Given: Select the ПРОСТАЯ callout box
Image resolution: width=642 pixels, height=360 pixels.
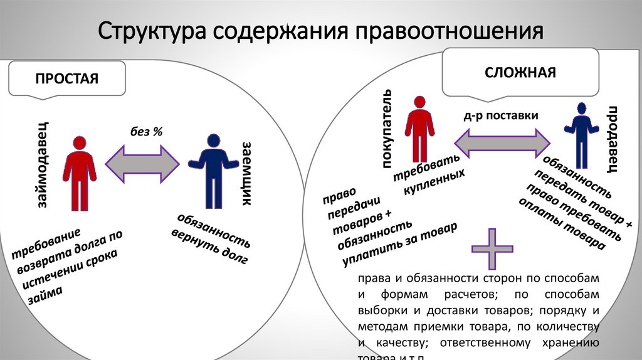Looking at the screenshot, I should [67, 79].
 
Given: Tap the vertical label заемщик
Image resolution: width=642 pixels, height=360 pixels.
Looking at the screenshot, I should [246, 174].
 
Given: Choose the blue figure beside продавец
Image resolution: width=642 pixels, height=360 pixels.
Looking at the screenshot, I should [580, 132].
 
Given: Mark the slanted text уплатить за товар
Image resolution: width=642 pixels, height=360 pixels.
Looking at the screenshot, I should [401, 243].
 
